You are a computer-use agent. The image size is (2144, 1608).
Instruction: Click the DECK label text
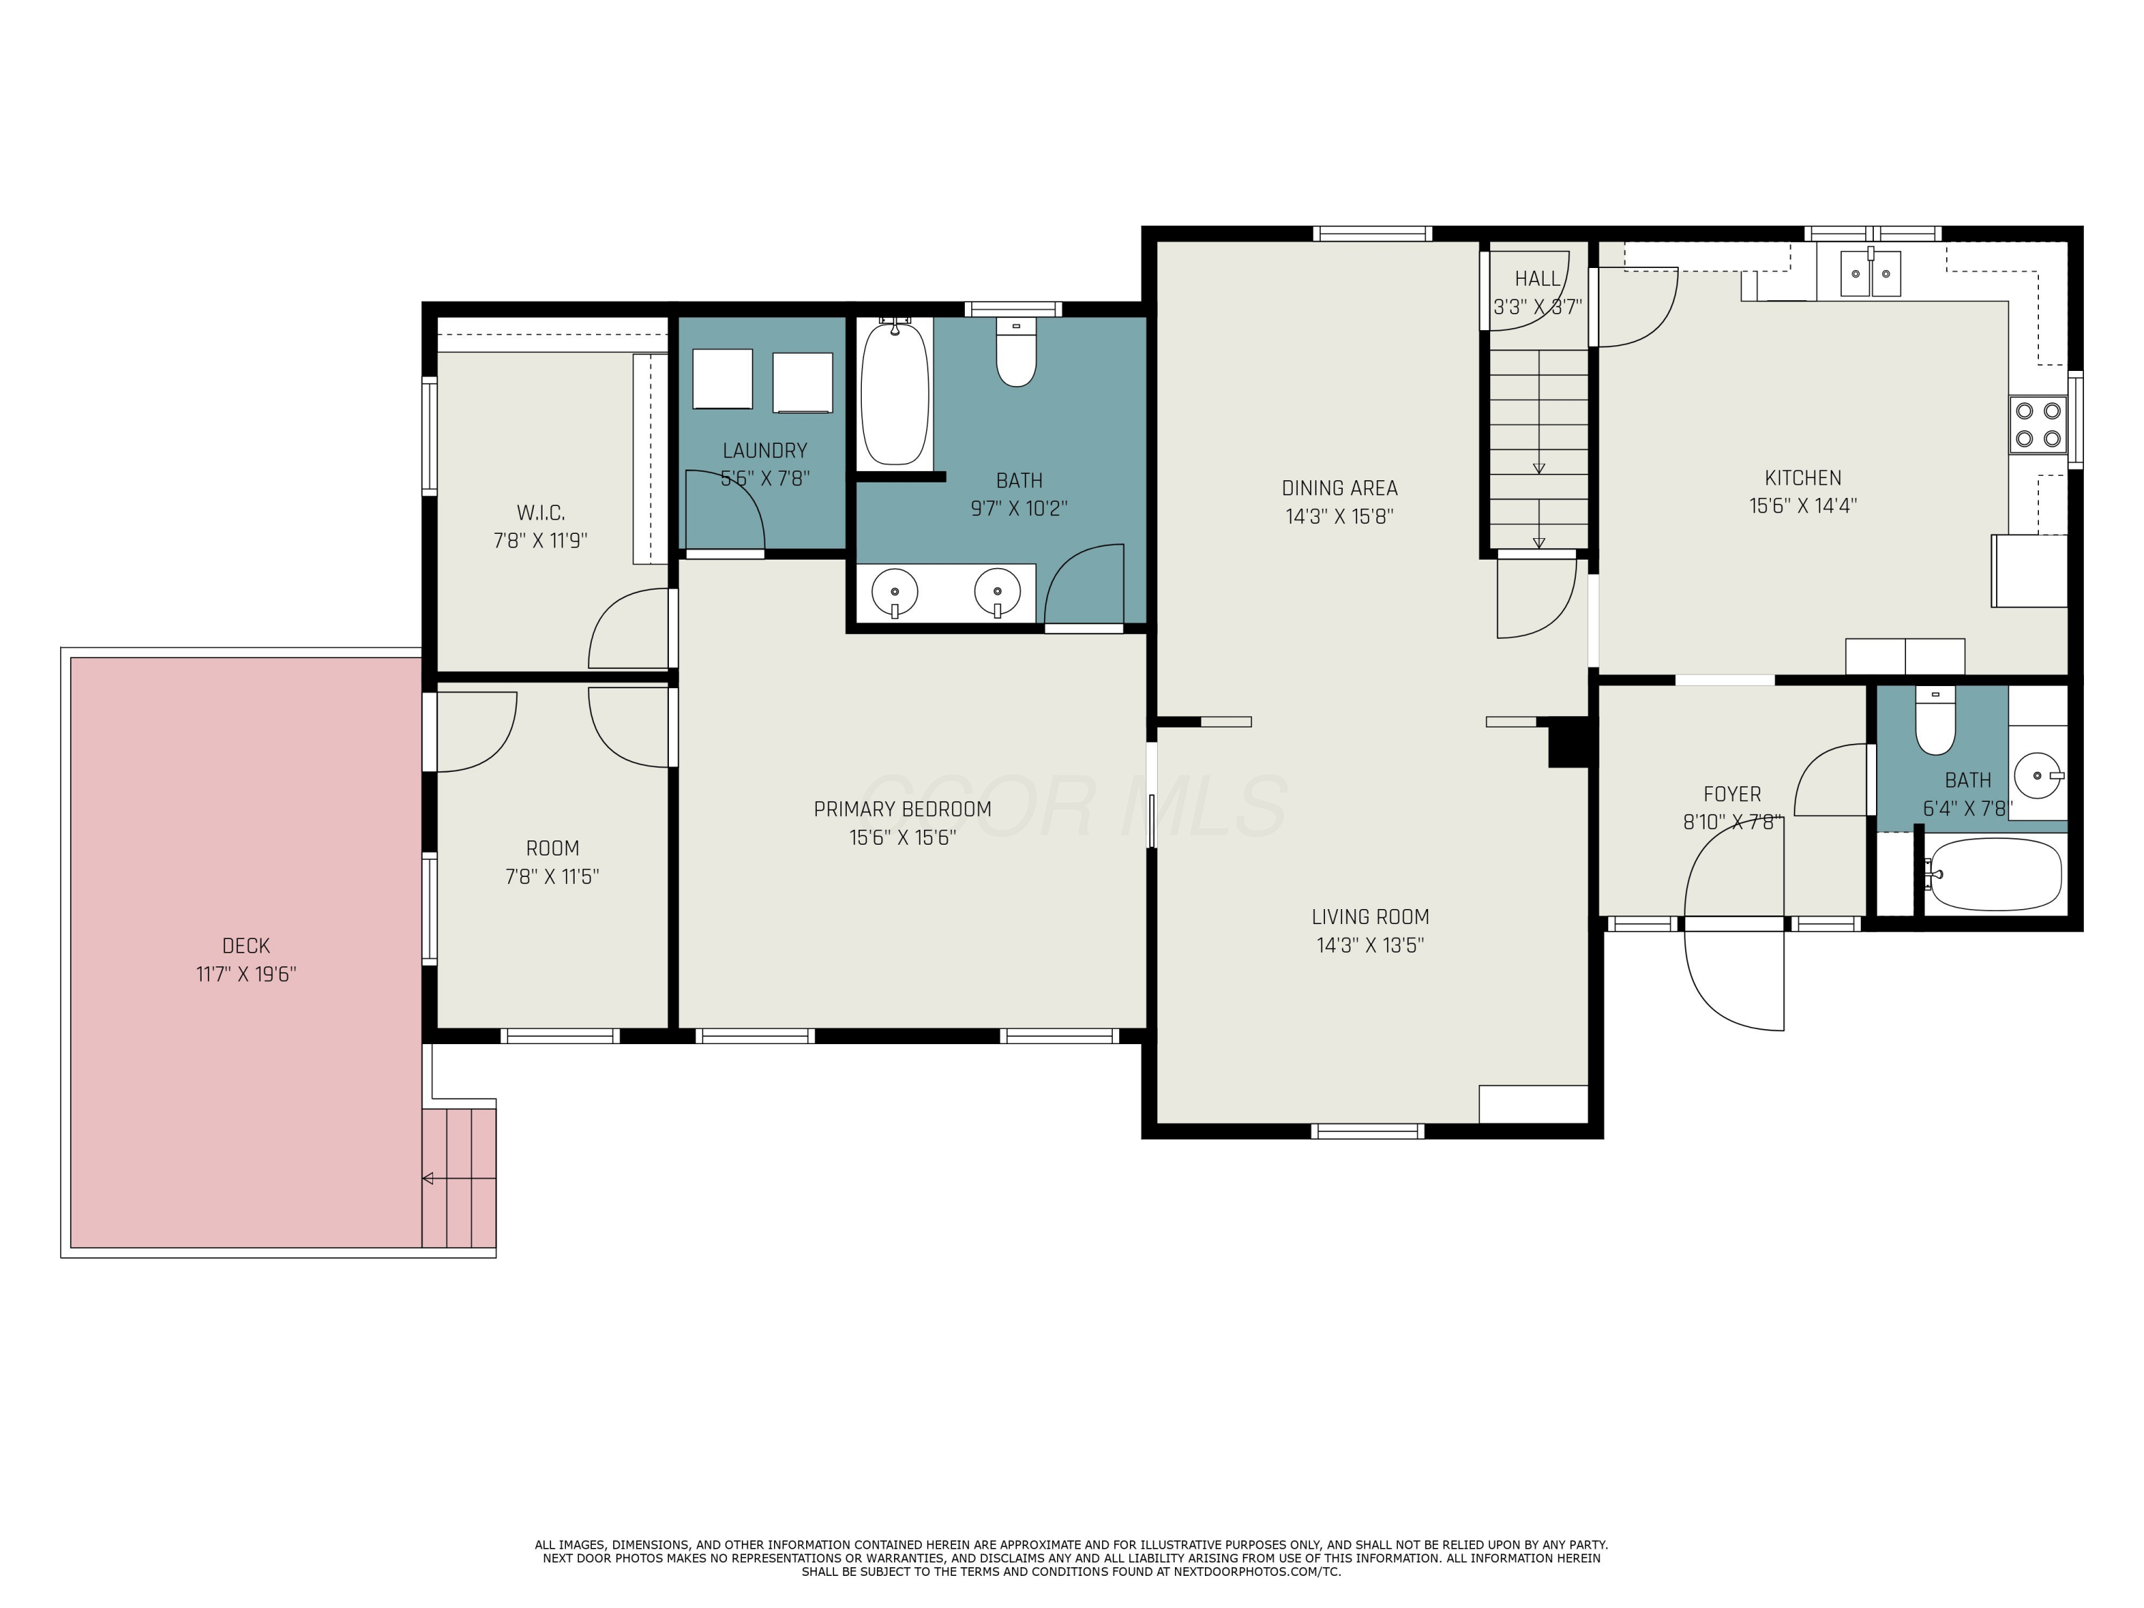point(246,945)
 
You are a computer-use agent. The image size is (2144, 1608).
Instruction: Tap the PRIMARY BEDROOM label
point(903,809)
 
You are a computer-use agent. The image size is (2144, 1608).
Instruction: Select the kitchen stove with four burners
point(2038,425)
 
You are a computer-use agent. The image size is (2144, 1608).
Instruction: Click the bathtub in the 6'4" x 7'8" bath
point(1994,874)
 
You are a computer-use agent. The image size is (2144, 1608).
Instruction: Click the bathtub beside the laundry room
point(895,392)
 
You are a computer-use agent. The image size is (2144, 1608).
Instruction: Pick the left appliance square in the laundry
point(722,379)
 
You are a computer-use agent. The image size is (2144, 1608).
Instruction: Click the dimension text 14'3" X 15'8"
point(1339,517)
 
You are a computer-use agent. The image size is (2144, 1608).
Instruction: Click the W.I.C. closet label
point(541,512)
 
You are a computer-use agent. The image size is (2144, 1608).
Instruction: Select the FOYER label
point(1732,795)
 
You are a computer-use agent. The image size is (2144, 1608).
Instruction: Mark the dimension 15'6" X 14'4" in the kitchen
point(1803,506)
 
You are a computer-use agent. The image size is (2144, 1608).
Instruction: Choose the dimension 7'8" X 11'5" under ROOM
point(552,877)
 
